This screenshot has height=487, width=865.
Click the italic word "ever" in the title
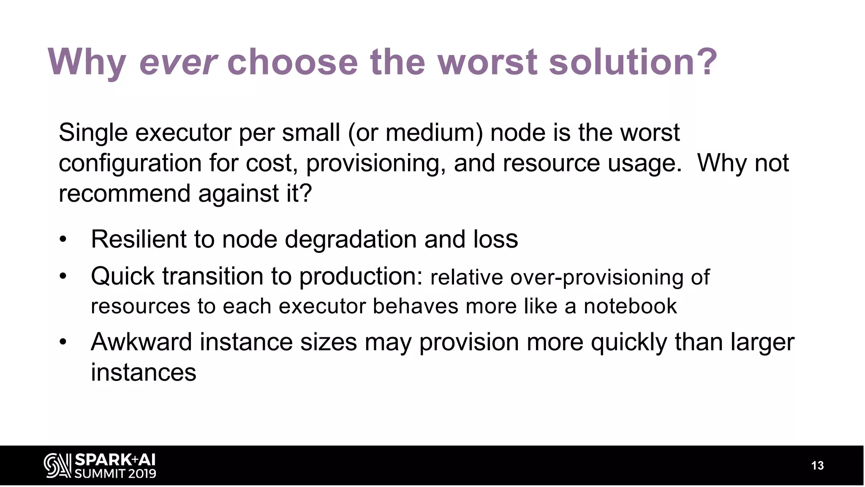click(x=178, y=62)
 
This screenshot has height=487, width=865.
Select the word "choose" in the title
click(x=292, y=62)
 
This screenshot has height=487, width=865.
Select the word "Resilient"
click(x=139, y=239)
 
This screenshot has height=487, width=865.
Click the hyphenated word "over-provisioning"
click(x=597, y=278)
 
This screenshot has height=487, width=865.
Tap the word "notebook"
click(x=630, y=306)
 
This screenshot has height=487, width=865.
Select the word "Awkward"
click(x=141, y=342)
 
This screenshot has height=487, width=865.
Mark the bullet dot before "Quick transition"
click(x=63, y=277)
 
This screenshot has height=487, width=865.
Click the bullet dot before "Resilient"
click(x=63, y=240)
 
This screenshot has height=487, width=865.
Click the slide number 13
click(x=817, y=466)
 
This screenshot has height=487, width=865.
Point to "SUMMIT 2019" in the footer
click(x=115, y=473)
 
